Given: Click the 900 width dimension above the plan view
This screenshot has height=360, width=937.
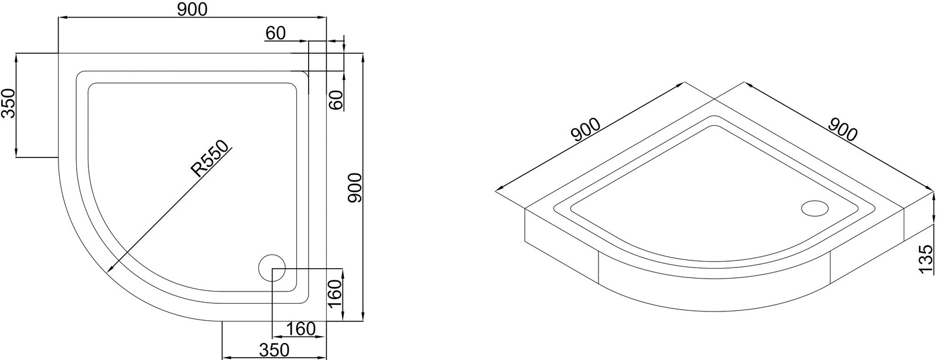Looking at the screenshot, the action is point(192,9).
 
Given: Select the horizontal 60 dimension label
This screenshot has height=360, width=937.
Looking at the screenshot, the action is point(275,33).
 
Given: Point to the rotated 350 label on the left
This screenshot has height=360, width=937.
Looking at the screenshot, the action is point(8,104).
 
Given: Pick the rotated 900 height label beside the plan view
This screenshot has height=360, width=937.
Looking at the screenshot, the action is point(355,188).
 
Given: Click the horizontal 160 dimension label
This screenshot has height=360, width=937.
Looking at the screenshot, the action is point(301,329).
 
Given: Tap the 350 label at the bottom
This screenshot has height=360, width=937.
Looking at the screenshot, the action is point(274,349).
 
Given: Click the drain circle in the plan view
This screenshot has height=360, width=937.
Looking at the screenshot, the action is point(272,268).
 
